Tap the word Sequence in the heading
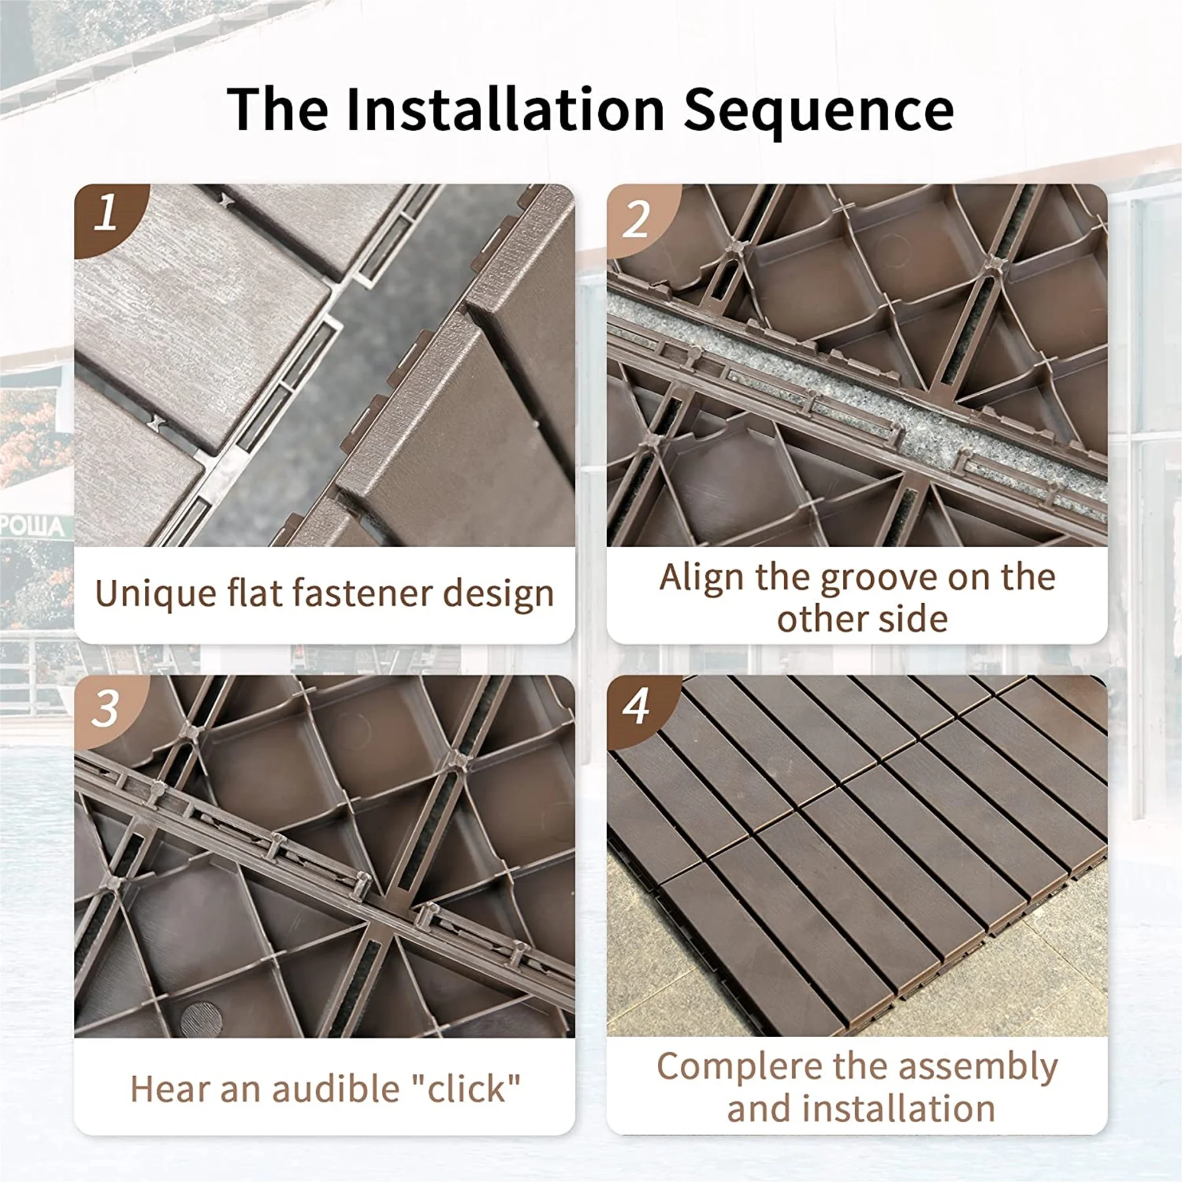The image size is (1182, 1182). tap(818, 110)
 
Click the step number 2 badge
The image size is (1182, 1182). tap(637, 220)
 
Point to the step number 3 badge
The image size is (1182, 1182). tap(105, 710)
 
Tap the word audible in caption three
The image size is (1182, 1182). tap(335, 1089)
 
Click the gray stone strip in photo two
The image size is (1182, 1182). tap(856, 392)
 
